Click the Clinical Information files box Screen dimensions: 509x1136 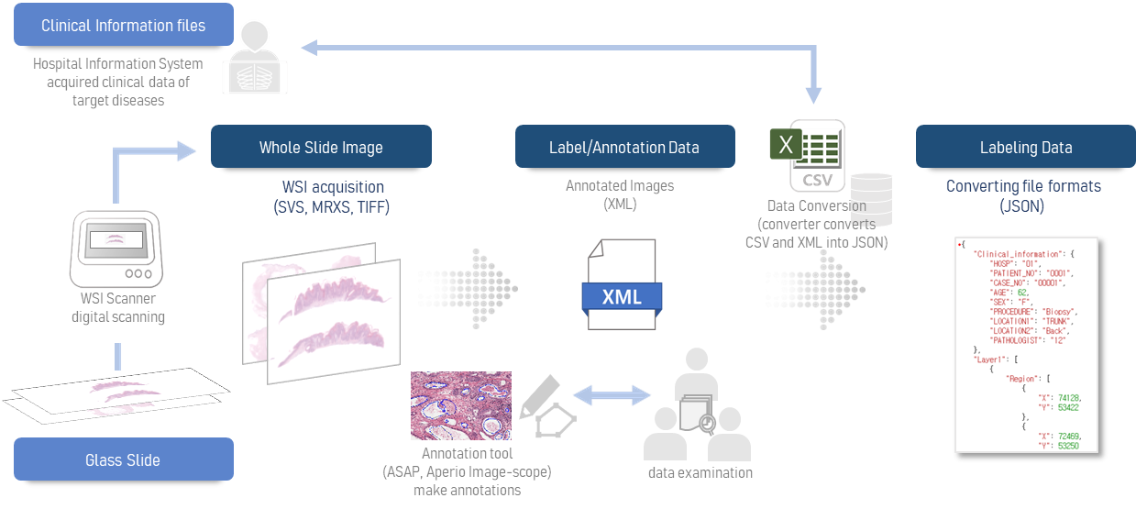[123, 26]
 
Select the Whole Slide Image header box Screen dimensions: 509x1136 [321, 147]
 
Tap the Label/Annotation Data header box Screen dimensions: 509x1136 [624, 147]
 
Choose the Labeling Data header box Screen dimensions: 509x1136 [1025, 147]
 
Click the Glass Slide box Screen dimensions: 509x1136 [123, 459]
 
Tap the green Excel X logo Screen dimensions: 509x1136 [784, 145]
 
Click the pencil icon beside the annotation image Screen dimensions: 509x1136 [538, 395]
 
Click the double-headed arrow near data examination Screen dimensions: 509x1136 [612, 396]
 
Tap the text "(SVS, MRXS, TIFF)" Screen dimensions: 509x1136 [331, 207]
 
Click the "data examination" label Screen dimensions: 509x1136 [700, 472]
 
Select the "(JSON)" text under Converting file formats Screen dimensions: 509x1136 [1023, 207]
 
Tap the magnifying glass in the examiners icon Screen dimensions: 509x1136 [706, 424]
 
